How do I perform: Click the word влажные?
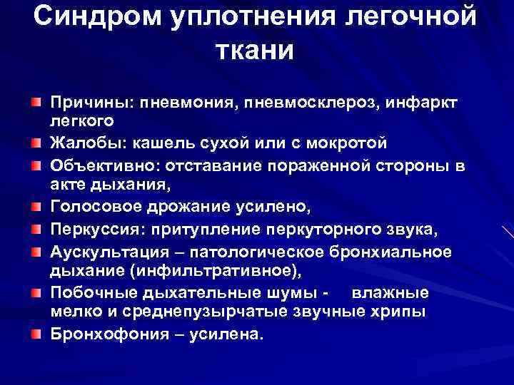pos(390,293)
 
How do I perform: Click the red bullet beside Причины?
pos(35,103)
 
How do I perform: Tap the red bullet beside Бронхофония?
pos(35,333)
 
